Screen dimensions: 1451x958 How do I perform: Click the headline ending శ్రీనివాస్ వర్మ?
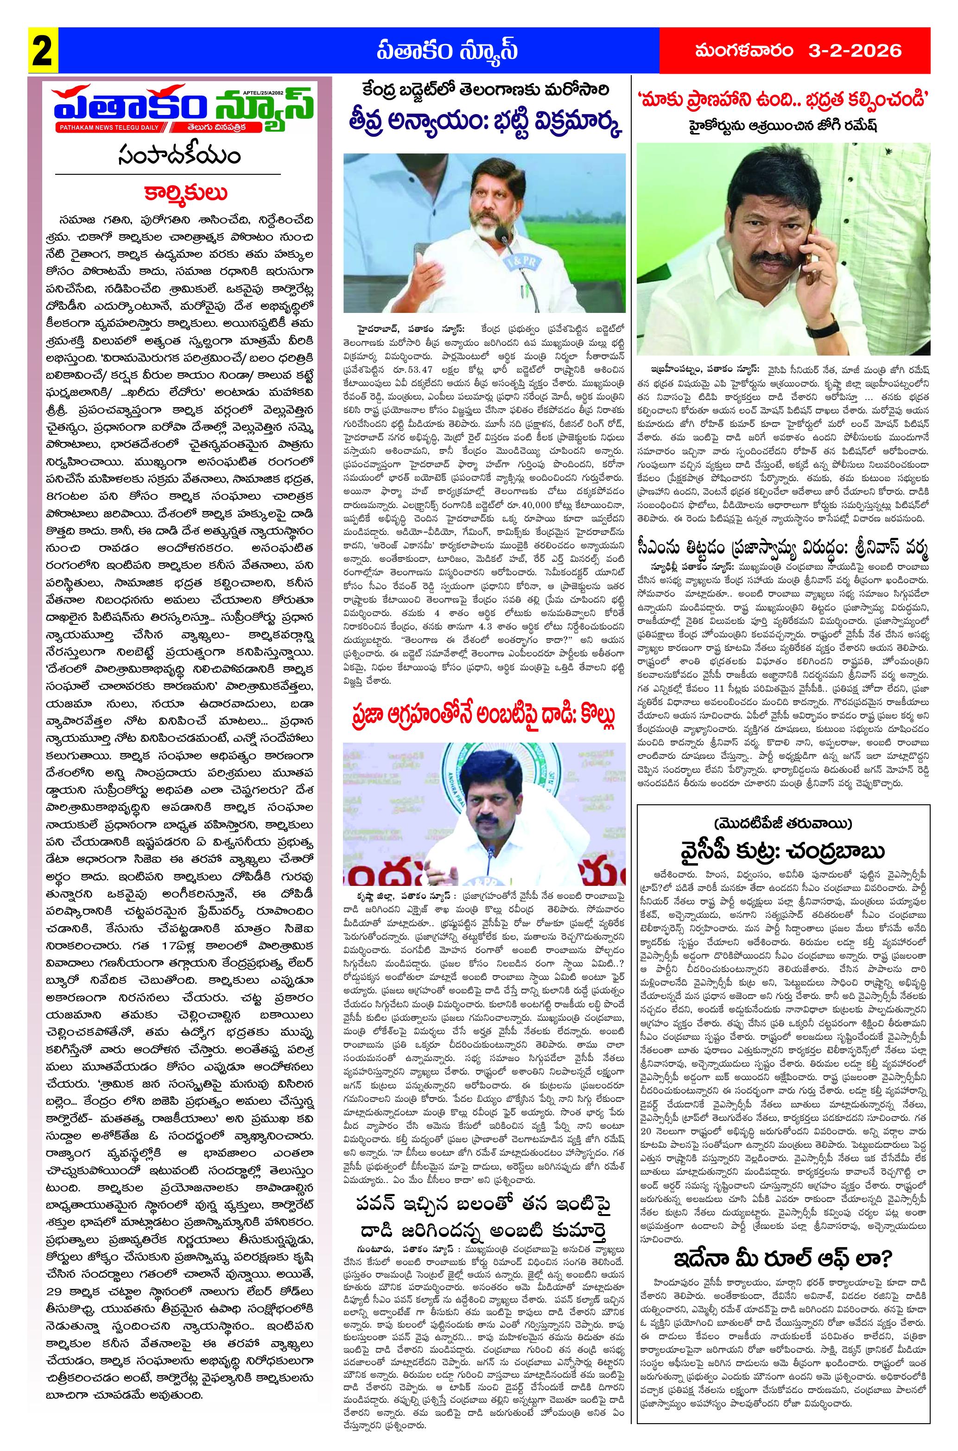click(783, 546)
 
